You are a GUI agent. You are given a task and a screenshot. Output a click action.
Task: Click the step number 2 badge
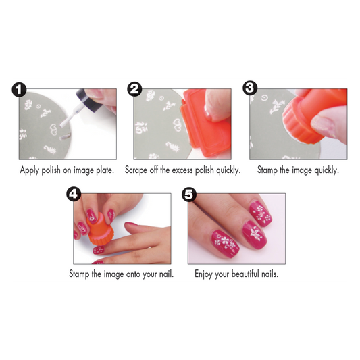[134, 89]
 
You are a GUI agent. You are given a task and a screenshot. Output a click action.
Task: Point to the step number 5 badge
[189, 195]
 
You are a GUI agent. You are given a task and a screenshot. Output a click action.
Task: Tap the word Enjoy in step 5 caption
[205, 274]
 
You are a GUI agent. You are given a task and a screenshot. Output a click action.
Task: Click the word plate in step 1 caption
[103, 170]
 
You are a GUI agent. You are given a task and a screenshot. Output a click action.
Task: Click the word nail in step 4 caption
[165, 274]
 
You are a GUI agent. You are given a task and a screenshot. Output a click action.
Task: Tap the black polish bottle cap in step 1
[83, 95]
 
